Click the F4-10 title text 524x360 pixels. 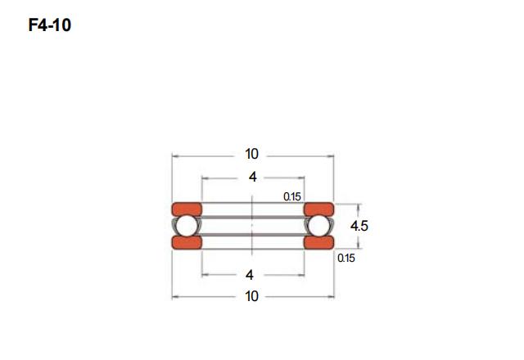[50, 25]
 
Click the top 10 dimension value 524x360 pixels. [251, 154]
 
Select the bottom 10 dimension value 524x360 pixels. [251, 296]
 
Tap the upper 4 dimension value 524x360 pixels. [253, 177]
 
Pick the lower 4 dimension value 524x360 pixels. [250, 275]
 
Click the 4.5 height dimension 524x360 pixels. [359, 226]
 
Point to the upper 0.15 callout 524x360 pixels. [292, 196]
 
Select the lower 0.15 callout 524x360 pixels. [346, 259]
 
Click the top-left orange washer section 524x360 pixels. [187, 209]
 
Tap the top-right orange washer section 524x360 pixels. [318, 209]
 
